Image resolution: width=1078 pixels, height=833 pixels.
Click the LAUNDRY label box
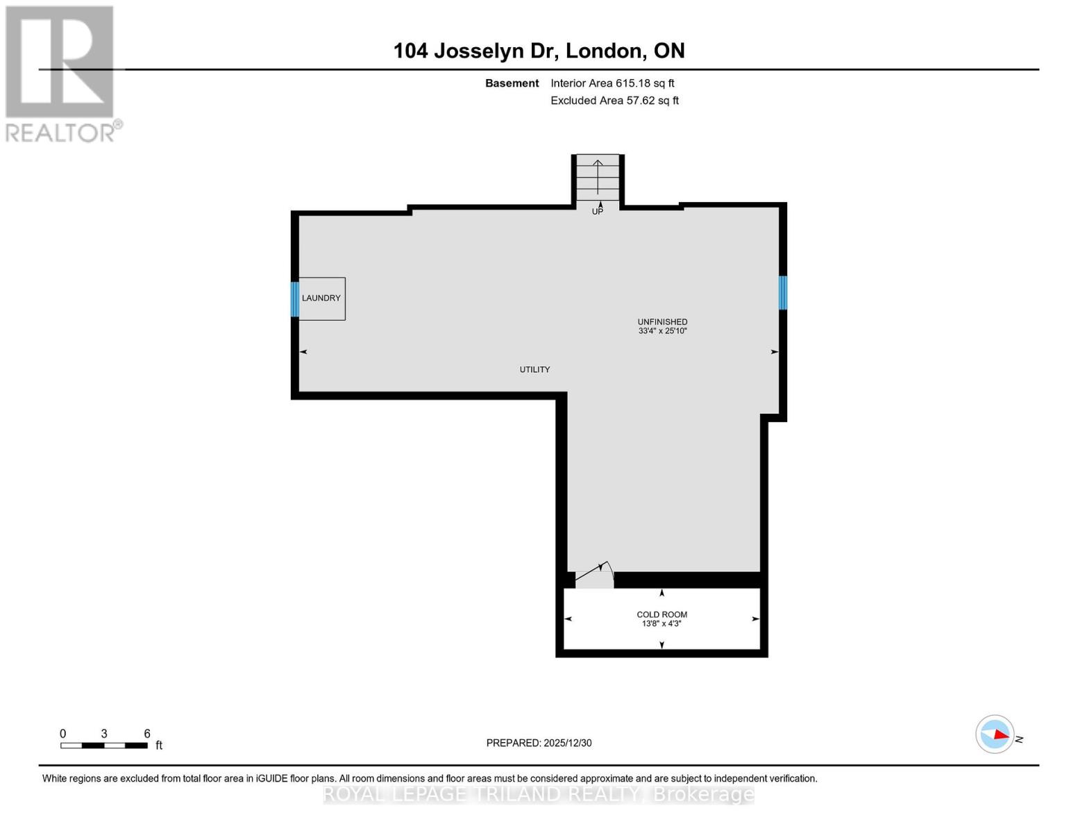(321, 298)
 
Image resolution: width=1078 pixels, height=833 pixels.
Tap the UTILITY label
(534, 370)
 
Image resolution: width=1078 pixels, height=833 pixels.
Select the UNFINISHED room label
(662, 322)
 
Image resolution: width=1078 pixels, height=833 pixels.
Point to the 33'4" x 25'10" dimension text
(662, 331)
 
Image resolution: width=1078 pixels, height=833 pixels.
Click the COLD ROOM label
(662, 614)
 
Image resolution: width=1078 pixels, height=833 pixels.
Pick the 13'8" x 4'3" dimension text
(662, 624)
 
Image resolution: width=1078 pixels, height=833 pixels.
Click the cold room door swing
(595, 575)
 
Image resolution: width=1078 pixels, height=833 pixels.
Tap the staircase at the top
(598, 177)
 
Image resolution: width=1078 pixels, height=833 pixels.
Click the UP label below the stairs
(598, 212)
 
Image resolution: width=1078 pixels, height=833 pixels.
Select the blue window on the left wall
(295, 299)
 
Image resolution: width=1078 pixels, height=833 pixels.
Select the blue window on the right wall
(782, 292)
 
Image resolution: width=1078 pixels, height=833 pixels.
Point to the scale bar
(104, 746)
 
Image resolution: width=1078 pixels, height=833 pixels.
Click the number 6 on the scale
(147, 734)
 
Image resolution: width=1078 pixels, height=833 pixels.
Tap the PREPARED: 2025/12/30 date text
(539, 743)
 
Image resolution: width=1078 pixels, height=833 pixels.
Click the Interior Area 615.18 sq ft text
(612, 83)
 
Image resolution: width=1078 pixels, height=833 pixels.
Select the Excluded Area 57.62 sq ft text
(614, 101)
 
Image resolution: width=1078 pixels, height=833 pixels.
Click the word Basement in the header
(512, 83)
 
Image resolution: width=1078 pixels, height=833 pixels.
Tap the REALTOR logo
(61, 73)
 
